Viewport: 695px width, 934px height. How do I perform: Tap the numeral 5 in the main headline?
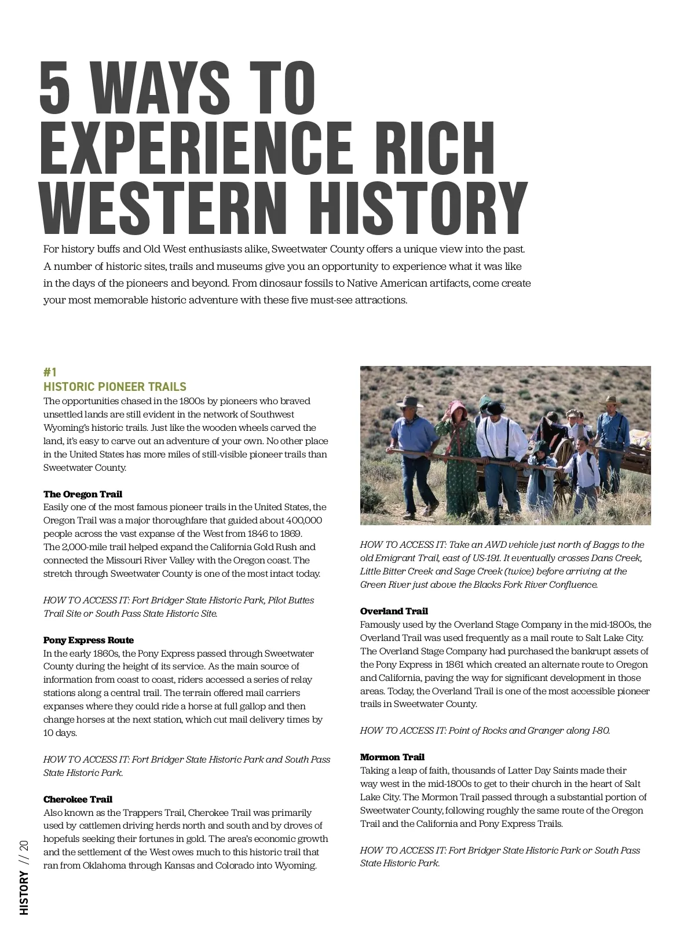[54, 88]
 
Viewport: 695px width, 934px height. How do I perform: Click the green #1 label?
[50, 372]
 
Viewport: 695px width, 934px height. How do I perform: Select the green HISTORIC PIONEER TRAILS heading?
[115, 387]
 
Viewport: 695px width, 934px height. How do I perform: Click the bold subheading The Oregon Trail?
[83, 494]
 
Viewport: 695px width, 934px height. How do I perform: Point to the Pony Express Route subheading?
[89, 640]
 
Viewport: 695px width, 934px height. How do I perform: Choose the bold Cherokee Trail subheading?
[78, 799]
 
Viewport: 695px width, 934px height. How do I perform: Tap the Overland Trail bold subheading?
[394, 611]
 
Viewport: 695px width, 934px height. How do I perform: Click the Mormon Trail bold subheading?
[392, 757]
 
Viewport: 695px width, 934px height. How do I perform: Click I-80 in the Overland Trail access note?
[601, 730]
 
